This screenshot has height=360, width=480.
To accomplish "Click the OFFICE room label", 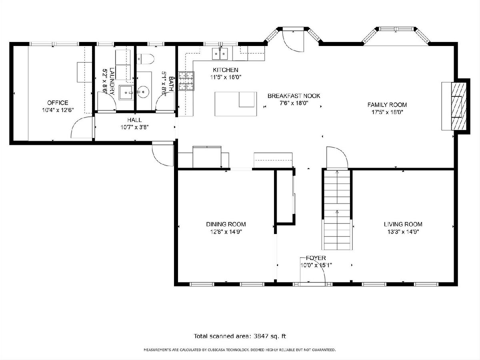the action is pos(58,102).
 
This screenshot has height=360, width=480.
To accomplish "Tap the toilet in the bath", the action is pos(146,59).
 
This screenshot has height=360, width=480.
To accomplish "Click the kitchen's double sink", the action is pos(220,54).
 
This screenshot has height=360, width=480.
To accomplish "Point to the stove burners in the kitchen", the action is pos(186,81).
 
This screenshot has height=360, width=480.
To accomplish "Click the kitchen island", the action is pos(236,104).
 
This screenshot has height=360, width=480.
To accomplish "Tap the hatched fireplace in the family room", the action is pos(459,106).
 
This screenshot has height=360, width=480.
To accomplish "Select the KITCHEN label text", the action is pos(226,70).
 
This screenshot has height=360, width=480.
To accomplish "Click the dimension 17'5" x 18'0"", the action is pos(387,112).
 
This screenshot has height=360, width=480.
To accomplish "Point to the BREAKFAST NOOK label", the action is pos(294,96).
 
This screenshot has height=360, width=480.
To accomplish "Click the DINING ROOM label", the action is pos(226,224).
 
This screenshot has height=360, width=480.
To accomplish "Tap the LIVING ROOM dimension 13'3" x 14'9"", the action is pos(403,232).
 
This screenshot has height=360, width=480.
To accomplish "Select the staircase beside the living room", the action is pos(338,210).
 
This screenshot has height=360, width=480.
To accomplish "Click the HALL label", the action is pos(134,120).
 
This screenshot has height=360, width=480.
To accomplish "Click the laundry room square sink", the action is pos(126,93).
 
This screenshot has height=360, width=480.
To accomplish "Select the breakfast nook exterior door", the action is pos(293,41).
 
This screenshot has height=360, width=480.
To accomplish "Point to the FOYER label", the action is pos(316,258).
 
